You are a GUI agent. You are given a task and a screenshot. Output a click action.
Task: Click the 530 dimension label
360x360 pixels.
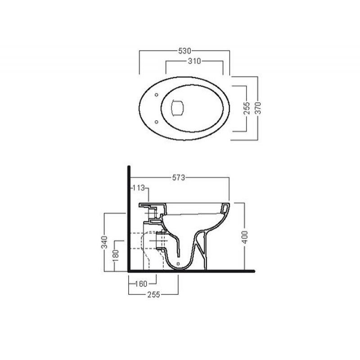tap(184, 51)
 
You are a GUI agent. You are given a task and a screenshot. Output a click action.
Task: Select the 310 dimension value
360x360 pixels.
tap(194, 61)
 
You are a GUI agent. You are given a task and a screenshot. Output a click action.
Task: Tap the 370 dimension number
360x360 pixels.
tap(258, 108)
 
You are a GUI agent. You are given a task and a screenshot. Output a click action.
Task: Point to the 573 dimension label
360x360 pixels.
tap(179, 177)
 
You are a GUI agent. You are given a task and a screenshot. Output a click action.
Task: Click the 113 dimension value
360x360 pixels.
tap(139, 188)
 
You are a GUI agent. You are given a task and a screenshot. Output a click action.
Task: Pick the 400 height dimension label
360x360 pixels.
tap(245, 237)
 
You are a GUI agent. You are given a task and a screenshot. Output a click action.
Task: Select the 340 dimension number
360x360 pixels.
tap(104, 242)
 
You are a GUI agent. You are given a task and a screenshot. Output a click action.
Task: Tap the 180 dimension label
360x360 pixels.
tap(116, 256)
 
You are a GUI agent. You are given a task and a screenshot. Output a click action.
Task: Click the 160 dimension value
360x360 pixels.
tap(141, 284)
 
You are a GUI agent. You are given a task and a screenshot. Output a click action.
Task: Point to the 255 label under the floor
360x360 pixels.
tap(153, 295)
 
